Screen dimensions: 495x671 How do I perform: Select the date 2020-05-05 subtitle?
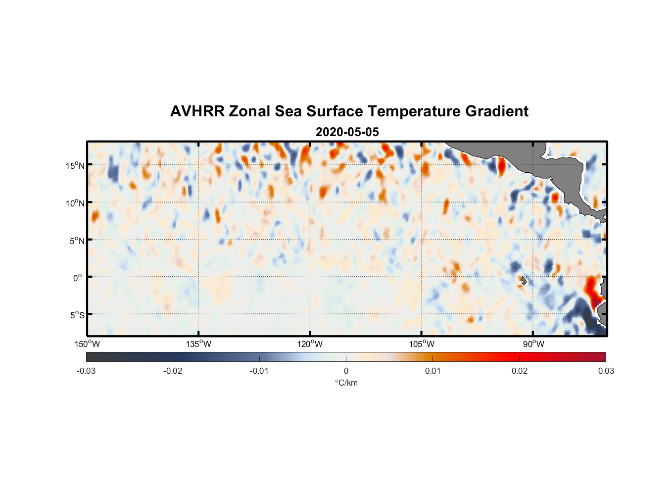point(347,132)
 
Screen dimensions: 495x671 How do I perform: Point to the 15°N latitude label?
point(75,165)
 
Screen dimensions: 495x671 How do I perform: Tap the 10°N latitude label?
point(75,203)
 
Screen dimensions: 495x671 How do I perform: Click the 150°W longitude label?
point(88,344)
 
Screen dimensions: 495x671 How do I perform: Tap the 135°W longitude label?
point(199,344)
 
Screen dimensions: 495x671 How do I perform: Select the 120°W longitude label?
point(310,344)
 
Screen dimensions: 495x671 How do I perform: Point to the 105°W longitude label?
point(422,344)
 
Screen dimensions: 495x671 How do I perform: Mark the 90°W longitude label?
point(533,344)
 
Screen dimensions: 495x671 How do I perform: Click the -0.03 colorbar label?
point(86,371)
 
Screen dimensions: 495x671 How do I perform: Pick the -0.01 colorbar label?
point(259,371)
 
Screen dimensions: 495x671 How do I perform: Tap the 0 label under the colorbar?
point(346,371)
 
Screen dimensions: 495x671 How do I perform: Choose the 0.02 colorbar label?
point(520,371)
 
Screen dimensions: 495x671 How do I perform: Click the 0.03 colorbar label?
point(606,371)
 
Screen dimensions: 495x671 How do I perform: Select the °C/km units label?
point(346,383)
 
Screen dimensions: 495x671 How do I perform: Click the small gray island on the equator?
point(524,280)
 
